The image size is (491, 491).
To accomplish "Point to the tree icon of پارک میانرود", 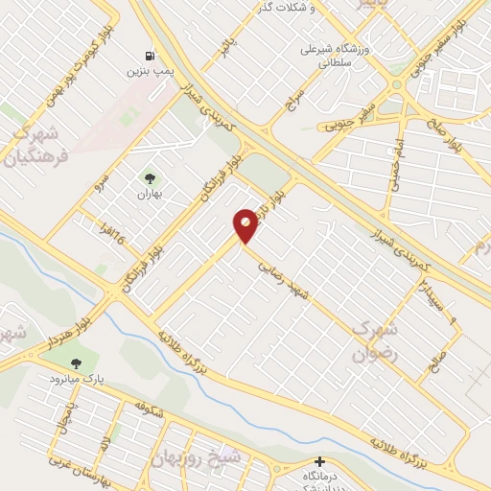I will tap(77, 362).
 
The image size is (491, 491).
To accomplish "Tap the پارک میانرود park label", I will tap(78, 379).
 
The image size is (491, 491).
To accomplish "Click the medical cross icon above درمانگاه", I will tap(320, 461).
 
